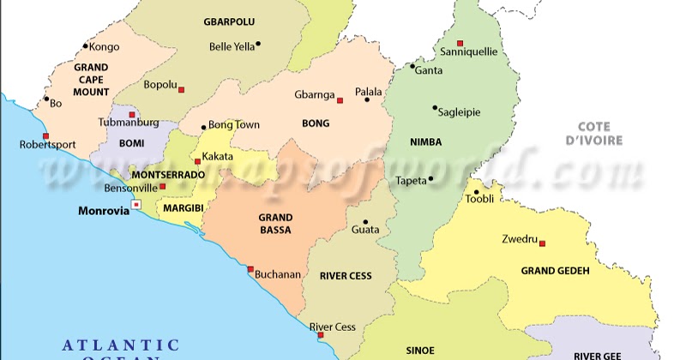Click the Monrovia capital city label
[102, 210]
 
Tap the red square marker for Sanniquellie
[460, 43]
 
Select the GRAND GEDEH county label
[555, 271]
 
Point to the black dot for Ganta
[412, 66]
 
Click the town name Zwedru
[519, 239]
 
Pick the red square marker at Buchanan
[250, 269]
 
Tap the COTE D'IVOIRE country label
[599, 133]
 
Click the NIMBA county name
[425, 143]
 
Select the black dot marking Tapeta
[430, 179]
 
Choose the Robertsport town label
[47, 146]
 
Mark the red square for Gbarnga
[340, 100]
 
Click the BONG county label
[316, 123]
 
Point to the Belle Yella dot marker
[258, 44]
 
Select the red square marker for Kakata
[197, 161]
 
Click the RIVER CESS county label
[345, 276]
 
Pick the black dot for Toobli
[476, 192]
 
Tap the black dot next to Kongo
[85, 46]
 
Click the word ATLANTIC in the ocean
[121, 345]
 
